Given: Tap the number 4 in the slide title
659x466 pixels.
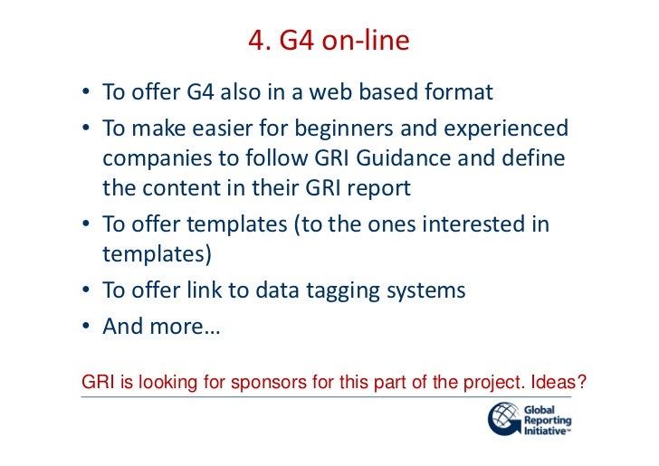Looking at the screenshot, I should pyautogui.click(x=254, y=42).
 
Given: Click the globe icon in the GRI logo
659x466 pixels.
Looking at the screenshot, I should pyautogui.click(x=503, y=420).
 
